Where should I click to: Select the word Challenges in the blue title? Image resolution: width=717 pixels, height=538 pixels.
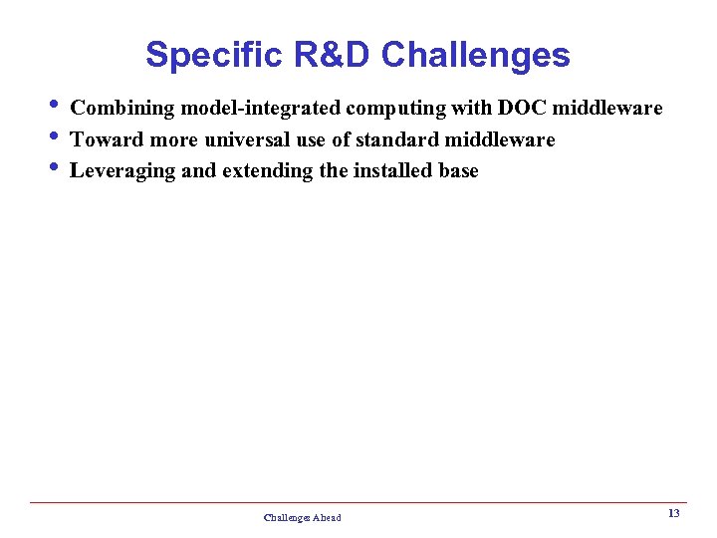click(476, 55)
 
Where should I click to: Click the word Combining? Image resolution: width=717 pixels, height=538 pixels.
click(122, 108)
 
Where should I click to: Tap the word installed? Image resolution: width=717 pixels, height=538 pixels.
click(392, 170)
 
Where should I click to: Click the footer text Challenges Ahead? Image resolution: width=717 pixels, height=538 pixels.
click(302, 518)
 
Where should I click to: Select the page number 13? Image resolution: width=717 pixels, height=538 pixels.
click(673, 513)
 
